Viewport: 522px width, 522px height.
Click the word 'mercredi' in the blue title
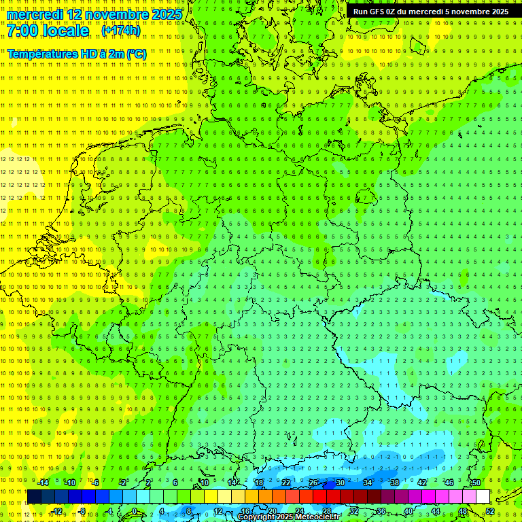point(33,14)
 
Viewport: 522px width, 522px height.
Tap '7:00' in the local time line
point(24,31)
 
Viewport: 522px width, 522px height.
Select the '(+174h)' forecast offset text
point(120,31)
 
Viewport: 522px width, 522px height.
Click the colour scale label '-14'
point(43,483)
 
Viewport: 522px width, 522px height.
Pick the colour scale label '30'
point(340,483)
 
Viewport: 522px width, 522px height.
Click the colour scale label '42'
point(421,483)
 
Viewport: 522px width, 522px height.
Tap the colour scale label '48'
point(463,511)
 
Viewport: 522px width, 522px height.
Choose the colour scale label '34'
point(368,483)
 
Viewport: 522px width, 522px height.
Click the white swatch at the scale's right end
point(483,497)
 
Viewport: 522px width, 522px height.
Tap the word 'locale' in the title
point(68,31)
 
